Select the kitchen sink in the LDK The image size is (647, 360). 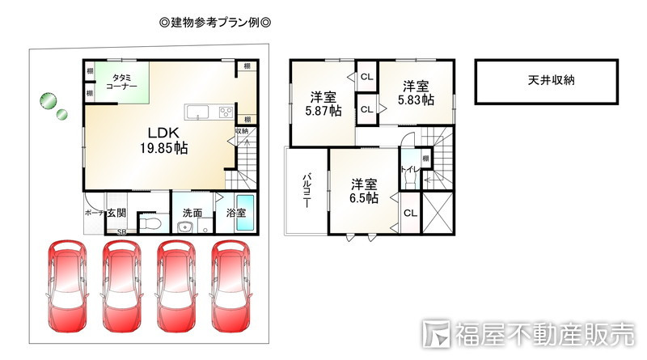[x=198, y=112]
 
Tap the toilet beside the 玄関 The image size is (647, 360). [x=151, y=220]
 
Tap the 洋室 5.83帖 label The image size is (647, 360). [x=416, y=93]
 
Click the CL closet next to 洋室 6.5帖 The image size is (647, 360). [x=409, y=214]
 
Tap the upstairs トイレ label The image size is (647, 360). [x=408, y=170]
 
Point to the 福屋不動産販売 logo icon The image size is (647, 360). [x=438, y=335]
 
